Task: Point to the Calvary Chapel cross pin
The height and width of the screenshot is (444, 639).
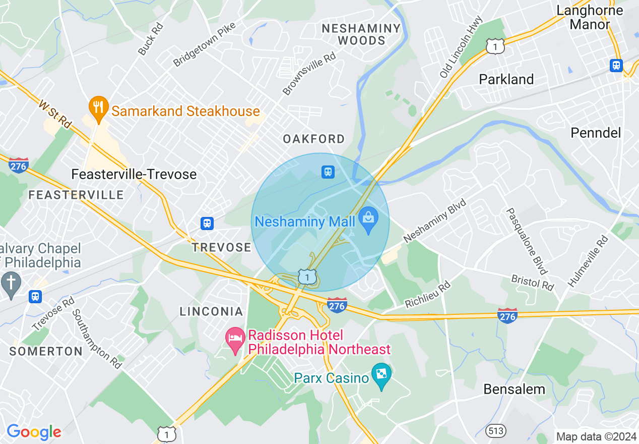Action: click(11, 284)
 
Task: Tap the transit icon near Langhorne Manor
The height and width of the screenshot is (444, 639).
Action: click(616, 66)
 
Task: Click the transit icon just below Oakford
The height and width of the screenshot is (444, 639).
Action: click(328, 172)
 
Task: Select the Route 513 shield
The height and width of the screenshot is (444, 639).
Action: click(495, 430)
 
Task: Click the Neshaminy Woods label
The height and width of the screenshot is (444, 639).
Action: click(361, 34)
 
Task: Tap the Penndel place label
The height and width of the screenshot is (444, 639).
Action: click(596, 133)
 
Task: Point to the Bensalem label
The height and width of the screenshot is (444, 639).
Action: click(514, 389)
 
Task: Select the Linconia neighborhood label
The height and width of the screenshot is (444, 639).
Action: click(211, 311)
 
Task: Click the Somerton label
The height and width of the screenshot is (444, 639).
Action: click(46, 351)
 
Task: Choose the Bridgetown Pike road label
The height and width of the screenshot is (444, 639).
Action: click(204, 44)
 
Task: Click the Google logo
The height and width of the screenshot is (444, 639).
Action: click(34, 432)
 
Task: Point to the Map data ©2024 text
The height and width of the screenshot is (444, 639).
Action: click(596, 436)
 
